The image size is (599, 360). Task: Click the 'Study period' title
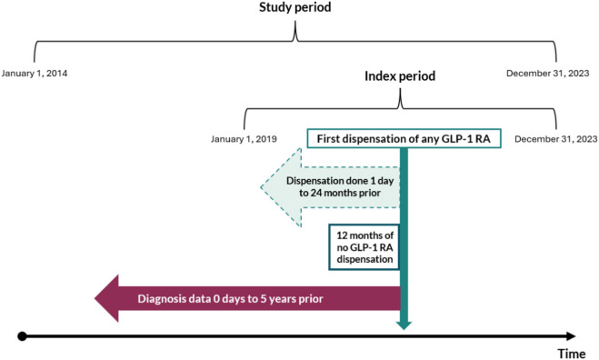295,7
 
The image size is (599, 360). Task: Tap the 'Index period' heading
400,76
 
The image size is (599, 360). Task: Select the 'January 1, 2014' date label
35,74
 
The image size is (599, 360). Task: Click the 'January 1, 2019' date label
244,139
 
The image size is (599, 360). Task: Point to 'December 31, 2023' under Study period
548,74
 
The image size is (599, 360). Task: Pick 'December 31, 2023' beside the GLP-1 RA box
556,139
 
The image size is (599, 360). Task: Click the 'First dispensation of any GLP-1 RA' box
404,138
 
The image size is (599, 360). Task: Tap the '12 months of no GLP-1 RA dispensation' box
364,247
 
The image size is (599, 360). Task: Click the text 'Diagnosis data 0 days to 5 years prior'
230,298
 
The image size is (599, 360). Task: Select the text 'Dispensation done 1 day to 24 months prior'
340,187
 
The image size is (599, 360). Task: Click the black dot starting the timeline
22,336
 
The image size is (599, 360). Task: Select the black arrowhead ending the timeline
571,336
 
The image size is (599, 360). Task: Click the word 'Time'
572,354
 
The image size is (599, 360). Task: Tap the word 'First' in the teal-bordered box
328,139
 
